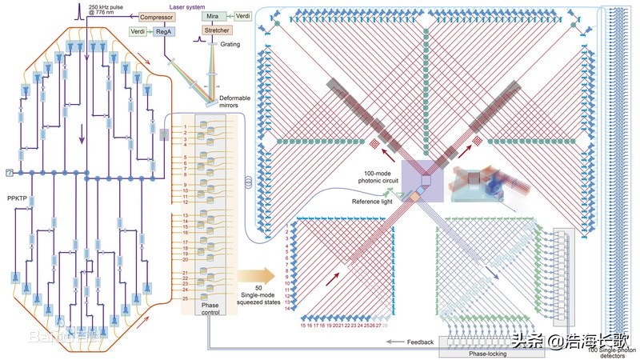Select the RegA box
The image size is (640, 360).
[x=162, y=32]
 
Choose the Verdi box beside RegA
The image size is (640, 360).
[x=138, y=32]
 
